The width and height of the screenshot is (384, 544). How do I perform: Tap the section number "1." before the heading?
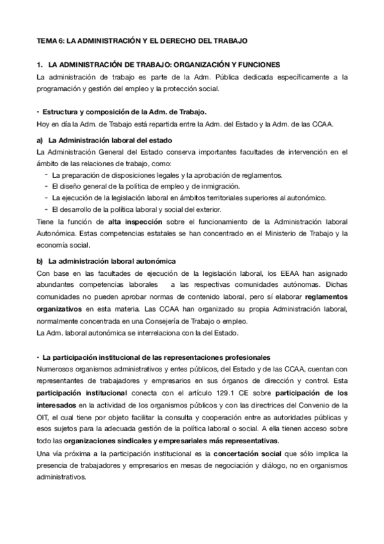[40, 65]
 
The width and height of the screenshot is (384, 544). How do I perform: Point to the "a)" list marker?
[40, 140]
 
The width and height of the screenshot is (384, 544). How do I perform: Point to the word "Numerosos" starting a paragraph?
[56, 369]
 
